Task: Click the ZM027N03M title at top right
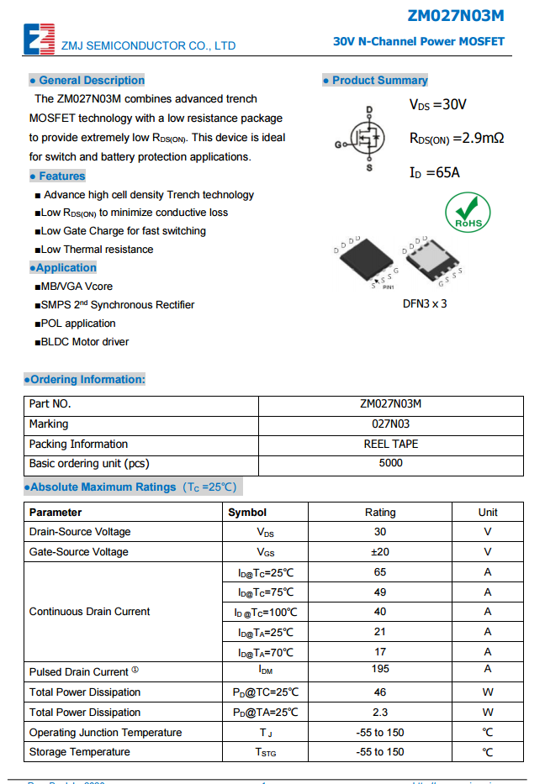click(x=456, y=16)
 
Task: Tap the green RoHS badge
click(x=467, y=211)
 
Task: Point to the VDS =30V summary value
click(x=437, y=105)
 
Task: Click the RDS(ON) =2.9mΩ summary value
click(x=457, y=139)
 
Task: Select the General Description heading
click(x=87, y=81)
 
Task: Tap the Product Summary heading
click(x=375, y=81)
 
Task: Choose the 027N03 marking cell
click(x=391, y=424)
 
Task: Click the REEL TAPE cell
click(x=391, y=444)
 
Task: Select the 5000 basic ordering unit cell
click(x=391, y=463)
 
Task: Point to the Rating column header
click(x=380, y=512)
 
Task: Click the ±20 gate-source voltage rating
click(x=380, y=552)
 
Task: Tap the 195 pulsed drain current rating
click(x=380, y=669)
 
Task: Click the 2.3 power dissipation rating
click(x=380, y=713)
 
